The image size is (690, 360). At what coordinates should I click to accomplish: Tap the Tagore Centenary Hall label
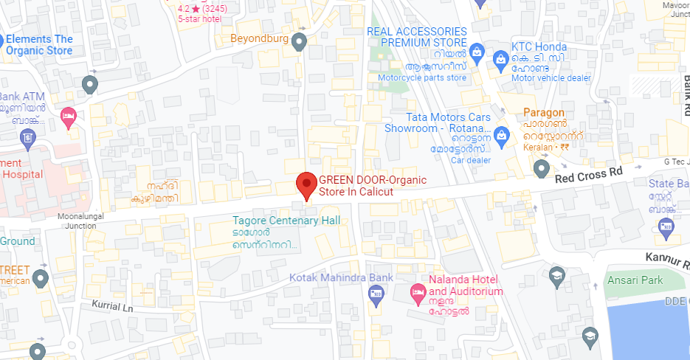click(286, 221)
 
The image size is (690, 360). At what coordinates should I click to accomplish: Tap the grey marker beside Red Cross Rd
click(542, 169)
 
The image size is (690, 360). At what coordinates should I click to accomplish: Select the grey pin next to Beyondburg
click(299, 41)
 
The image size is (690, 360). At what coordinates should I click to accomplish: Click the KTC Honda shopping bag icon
click(500, 58)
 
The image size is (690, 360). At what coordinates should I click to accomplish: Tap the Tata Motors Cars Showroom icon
click(502, 134)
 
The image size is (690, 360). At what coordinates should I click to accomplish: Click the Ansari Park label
click(635, 280)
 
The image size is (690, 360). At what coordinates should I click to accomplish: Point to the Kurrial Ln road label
click(112, 305)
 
